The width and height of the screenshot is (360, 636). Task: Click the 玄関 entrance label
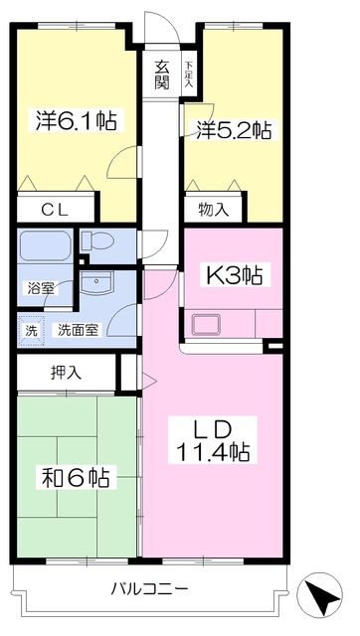click(161, 76)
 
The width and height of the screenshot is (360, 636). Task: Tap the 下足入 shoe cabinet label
click(189, 75)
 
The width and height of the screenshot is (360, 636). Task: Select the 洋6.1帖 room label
click(76, 120)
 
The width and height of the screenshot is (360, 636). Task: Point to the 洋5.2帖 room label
click(234, 130)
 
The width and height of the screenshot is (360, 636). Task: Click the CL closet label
click(56, 210)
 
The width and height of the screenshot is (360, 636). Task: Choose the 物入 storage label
click(214, 210)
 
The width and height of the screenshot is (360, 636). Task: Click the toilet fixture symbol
click(97, 241)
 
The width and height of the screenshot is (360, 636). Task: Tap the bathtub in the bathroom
click(45, 246)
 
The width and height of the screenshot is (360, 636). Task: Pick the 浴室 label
click(41, 289)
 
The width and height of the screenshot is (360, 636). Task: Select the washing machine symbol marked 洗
click(31, 330)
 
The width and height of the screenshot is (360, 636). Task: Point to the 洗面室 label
click(78, 330)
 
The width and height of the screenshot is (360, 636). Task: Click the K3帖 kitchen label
click(234, 275)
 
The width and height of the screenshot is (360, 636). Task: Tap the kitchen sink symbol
click(206, 325)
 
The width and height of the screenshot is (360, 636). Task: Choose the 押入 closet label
click(67, 373)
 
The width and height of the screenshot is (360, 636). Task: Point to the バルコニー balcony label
click(150, 588)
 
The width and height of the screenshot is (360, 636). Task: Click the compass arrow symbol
click(319, 594)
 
